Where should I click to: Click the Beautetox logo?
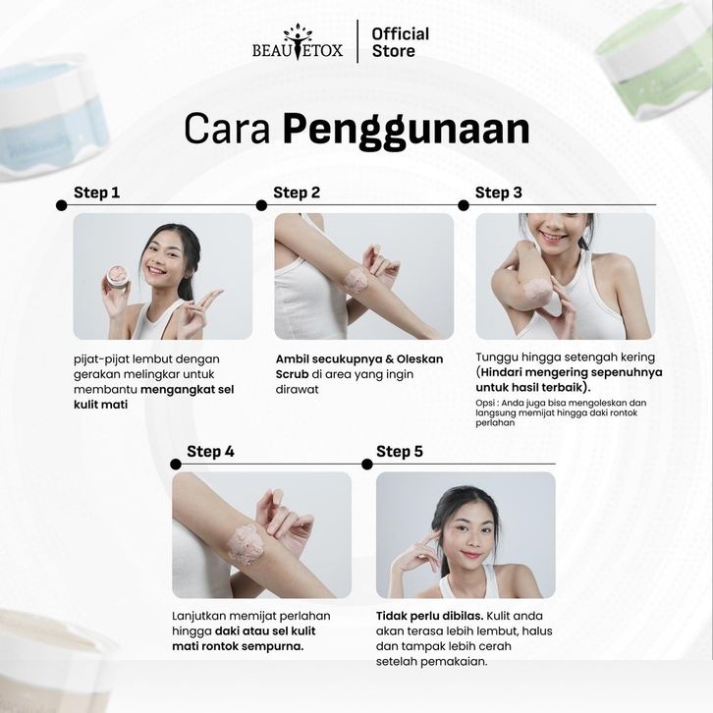(298, 42)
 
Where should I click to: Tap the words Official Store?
(400, 42)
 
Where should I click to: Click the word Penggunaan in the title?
(407, 130)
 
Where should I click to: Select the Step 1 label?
(97, 192)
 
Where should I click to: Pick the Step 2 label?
(297, 192)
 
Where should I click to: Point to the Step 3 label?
(498, 192)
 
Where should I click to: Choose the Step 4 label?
(210, 451)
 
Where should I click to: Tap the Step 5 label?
(400, 451)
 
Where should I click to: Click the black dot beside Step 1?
(62, 205)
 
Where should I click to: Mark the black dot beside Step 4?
(176, 465)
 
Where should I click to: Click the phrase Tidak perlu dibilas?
(430, 616)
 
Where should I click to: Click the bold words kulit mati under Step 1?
(100, 405)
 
